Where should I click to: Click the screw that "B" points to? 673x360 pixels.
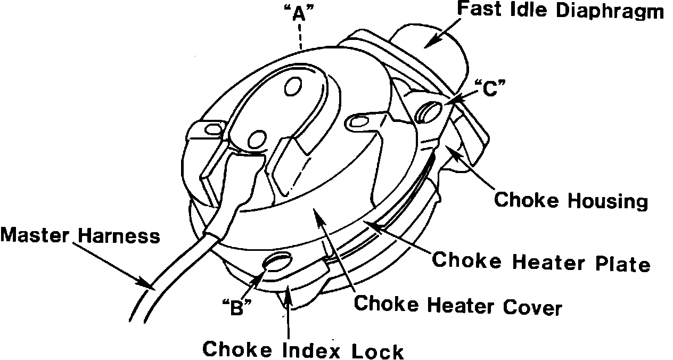278,264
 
